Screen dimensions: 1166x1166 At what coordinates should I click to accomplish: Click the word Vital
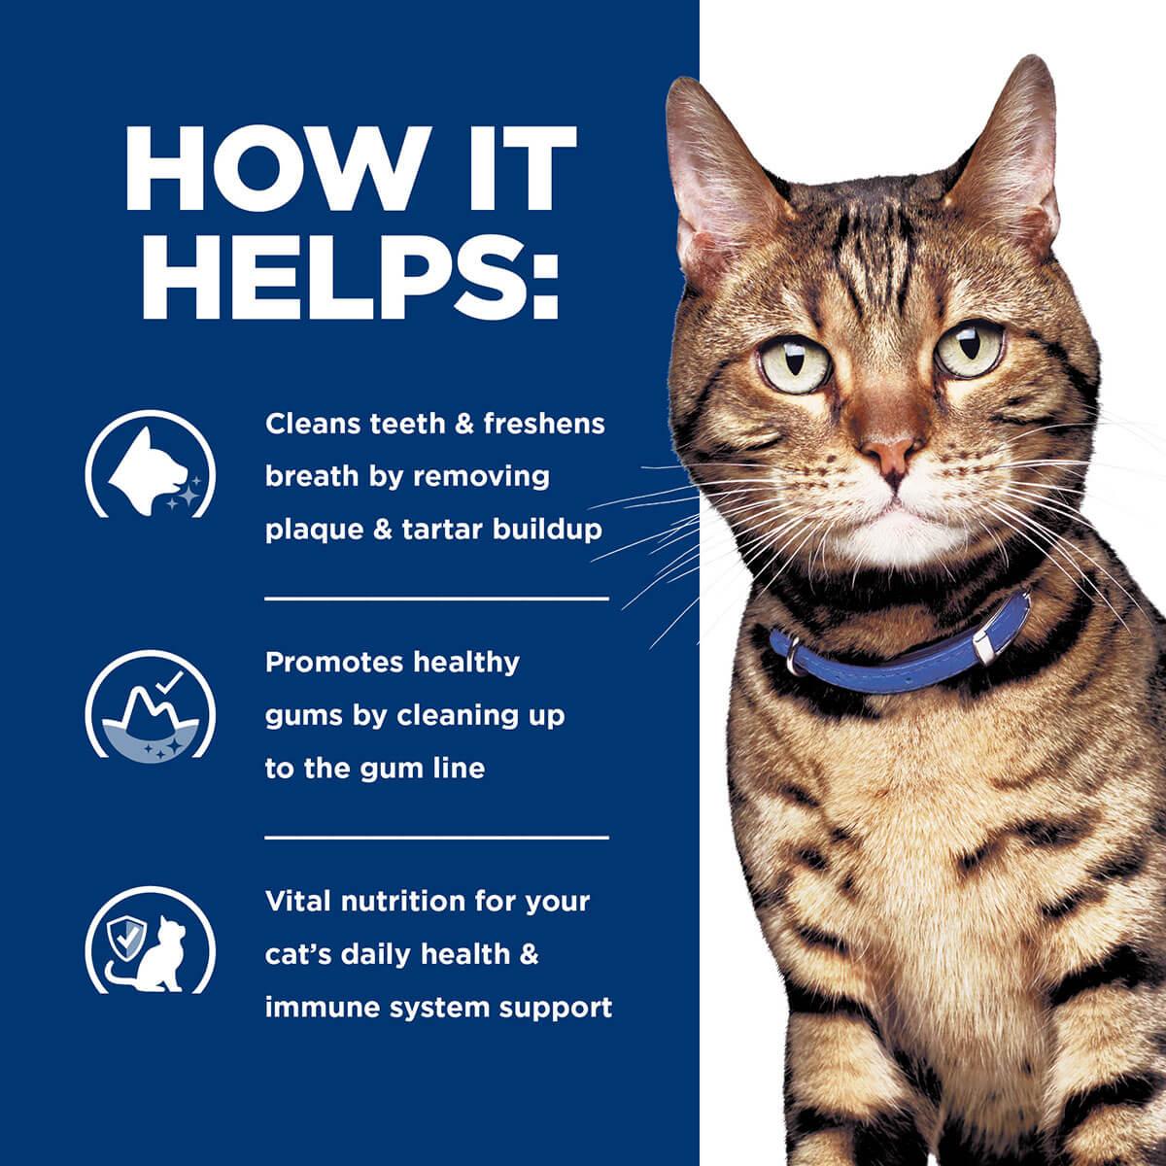pos(300,901)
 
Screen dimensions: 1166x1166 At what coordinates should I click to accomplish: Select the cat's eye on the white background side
pos(969,347)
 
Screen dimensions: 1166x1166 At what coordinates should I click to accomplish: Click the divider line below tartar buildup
pos(436,600)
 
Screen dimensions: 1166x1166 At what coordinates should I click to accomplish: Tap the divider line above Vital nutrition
pos(436,837)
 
